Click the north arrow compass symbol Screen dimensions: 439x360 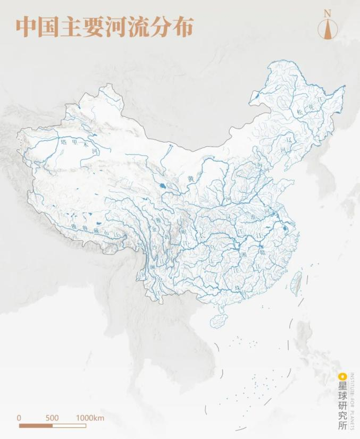tap(328, 29)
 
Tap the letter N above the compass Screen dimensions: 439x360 tap(328, 13)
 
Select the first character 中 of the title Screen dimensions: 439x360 tap(25, 27)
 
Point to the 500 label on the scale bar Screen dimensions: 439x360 tap(52, 418)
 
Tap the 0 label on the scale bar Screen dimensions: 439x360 tap(19, 418)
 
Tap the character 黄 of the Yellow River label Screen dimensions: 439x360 tap(190, 180)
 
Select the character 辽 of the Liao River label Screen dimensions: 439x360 tap(290, 139)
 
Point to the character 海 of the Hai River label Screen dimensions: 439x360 tap(260, 166)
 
